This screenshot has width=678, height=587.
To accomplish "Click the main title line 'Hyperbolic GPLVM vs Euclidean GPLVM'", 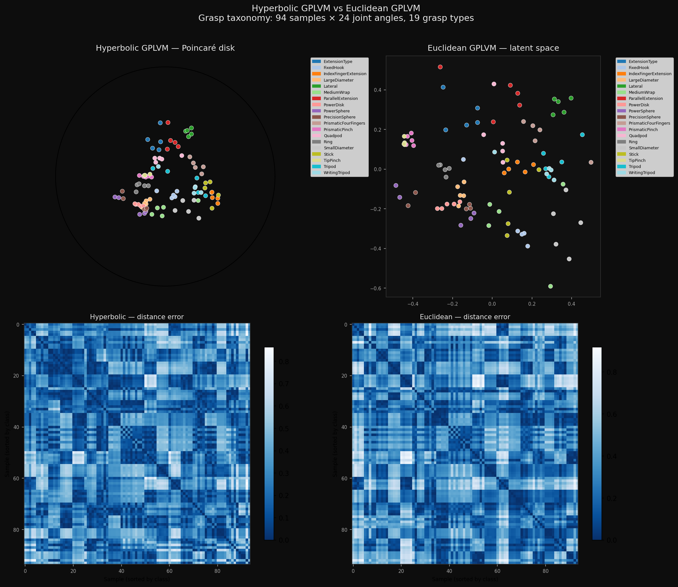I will coord(336,8).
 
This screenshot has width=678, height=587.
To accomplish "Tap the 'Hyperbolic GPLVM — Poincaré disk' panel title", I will coord(165,48).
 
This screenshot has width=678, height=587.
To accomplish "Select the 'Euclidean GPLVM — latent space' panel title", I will coord(493,48).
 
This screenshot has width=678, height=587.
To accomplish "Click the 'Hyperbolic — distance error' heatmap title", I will coord(137,317).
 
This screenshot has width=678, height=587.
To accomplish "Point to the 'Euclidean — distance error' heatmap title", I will coord(465,317).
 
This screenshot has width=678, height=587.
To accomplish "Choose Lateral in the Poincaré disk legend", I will coord(330,86).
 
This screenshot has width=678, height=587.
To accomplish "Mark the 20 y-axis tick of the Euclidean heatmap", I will coord(345,376).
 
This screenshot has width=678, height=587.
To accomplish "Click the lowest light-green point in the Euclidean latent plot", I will coord(550,286).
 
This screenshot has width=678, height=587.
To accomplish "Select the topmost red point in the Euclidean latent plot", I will coord(440,67).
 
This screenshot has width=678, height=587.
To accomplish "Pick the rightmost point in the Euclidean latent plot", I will coord(591,162).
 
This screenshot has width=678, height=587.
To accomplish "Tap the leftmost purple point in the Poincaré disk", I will coord(115,197).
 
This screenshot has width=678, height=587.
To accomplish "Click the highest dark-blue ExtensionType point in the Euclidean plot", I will coord(443,87).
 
